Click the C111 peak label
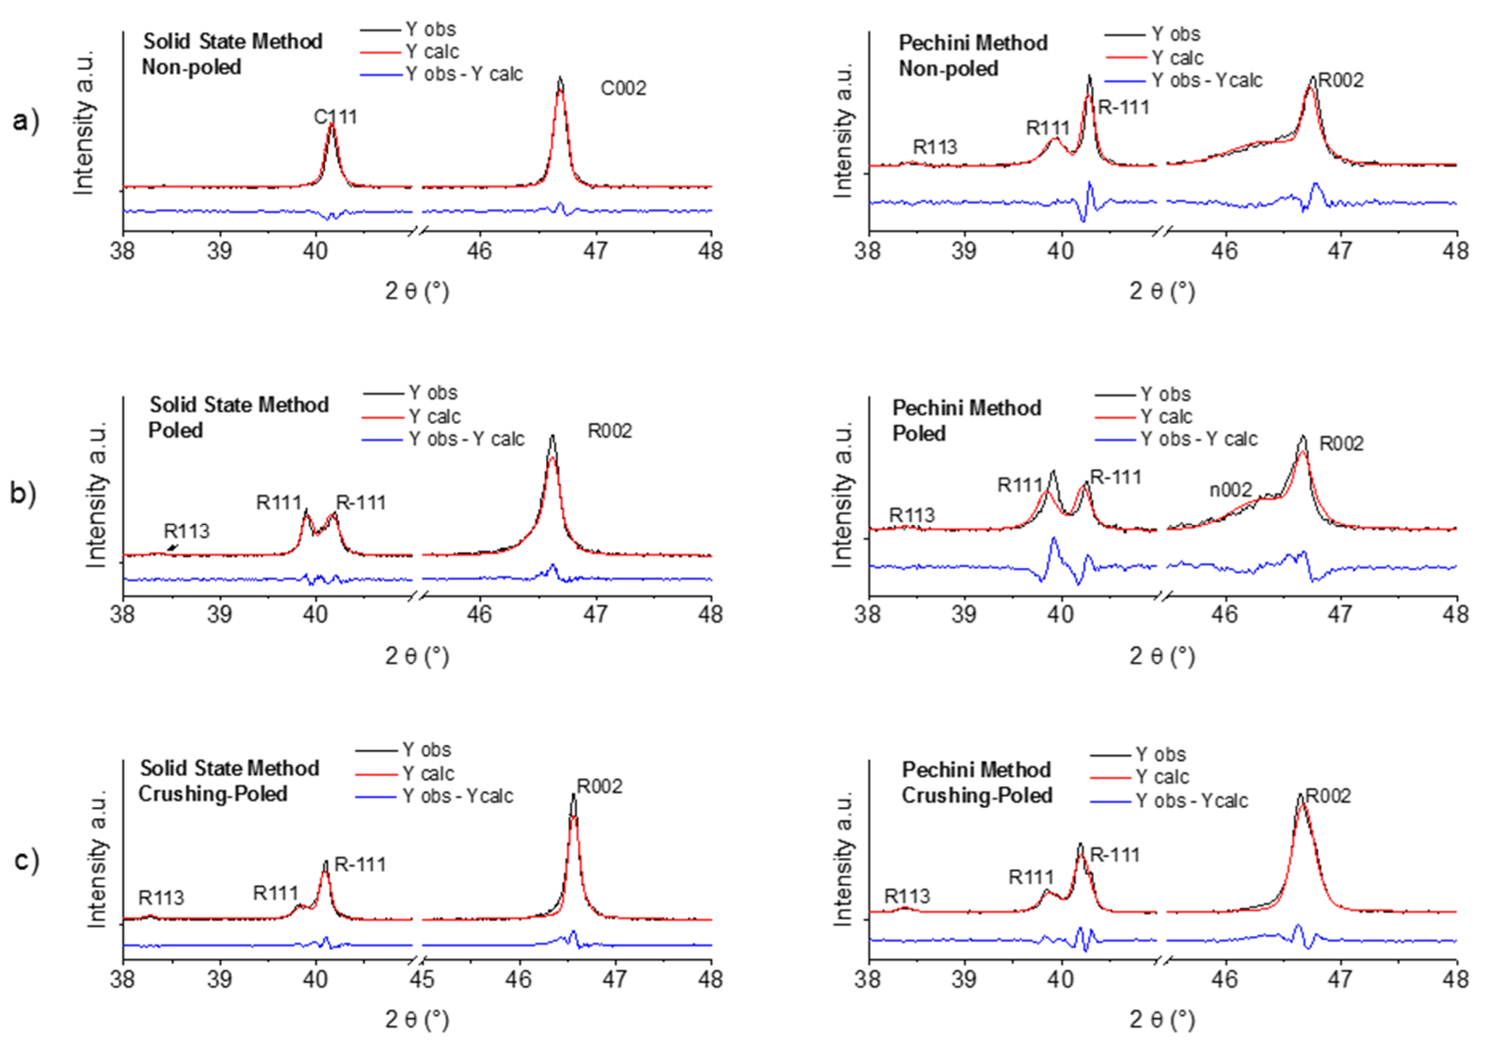[335, 117]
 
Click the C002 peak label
[623, 88]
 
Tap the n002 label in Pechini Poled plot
[1230, 490]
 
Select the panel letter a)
[26, 121]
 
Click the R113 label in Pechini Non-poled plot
[935, 148]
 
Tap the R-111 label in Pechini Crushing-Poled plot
[1115, 855]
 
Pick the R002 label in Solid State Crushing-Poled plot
[599, 787]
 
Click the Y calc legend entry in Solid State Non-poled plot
[431, 52]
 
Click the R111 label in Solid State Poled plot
[279, 503]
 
